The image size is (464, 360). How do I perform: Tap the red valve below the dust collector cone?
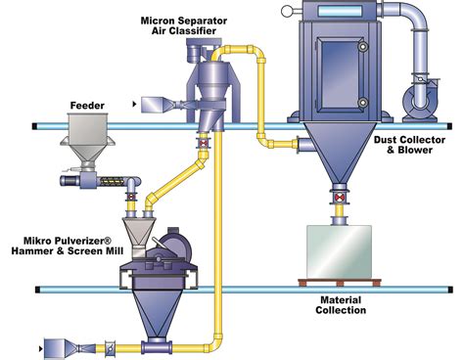coord(340,202)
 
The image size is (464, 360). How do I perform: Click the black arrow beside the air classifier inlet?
coord(132,101)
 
